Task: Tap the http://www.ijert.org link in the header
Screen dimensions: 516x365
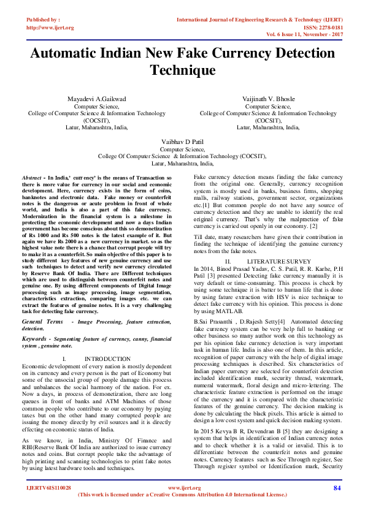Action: (50, 28)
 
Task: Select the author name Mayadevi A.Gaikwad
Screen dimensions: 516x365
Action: (97, 99)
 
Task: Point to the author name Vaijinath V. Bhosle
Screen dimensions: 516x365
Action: (268, 99)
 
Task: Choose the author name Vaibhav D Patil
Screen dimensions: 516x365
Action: (182, 142)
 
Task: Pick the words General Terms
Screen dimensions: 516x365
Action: (42, 322)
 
